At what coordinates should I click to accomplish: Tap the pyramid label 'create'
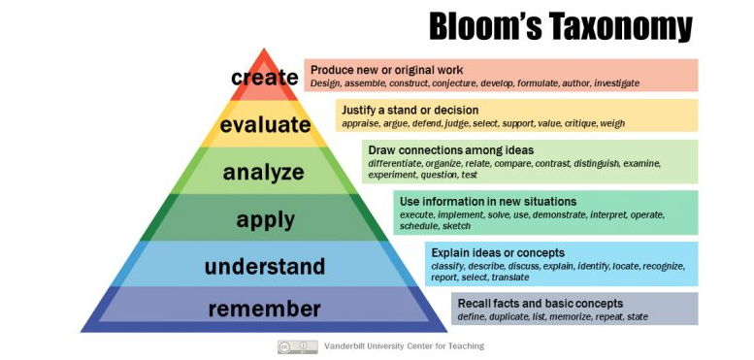[265, 77]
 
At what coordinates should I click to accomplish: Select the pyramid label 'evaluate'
[266, 124]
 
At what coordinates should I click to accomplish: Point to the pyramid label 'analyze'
[264, 173]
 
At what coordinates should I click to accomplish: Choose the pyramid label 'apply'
[266, 220]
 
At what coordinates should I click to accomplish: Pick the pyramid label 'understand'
[265, 266]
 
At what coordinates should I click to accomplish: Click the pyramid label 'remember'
[265, 309]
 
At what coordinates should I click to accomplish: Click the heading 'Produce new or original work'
[386, 70]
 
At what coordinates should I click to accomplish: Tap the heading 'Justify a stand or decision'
[410, 110]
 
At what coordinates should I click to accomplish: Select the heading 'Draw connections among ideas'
[451, 150]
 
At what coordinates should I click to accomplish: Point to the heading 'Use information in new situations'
[488, 201]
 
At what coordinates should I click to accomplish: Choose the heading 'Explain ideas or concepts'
[498, 253]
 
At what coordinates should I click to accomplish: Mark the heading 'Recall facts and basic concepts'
[541, 304]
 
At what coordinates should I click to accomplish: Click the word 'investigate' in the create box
[617, 83]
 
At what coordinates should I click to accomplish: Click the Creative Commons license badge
[297, 346]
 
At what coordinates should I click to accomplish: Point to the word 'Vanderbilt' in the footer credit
[344, 346]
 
